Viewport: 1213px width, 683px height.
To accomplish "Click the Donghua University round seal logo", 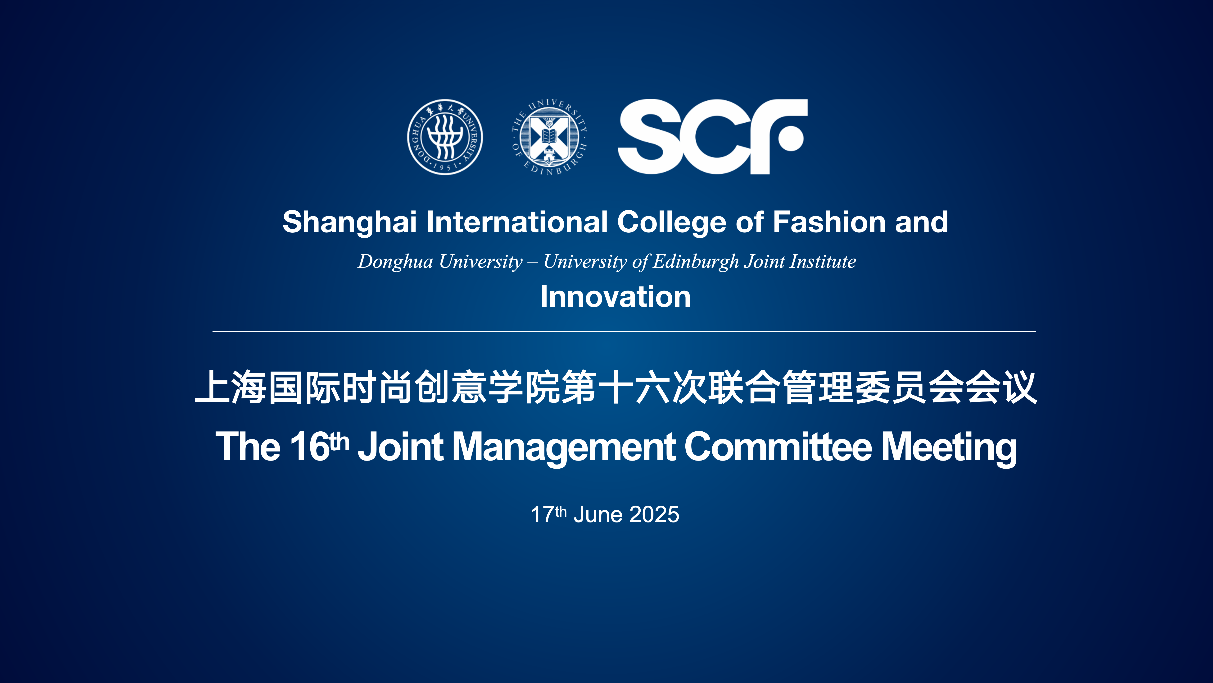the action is (x=445, y=137).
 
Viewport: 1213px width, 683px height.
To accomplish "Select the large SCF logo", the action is (x=713, y=137).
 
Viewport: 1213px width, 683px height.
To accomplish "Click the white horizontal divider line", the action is (x=625, y=331).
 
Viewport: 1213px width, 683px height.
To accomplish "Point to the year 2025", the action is (x=654, y=514).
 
